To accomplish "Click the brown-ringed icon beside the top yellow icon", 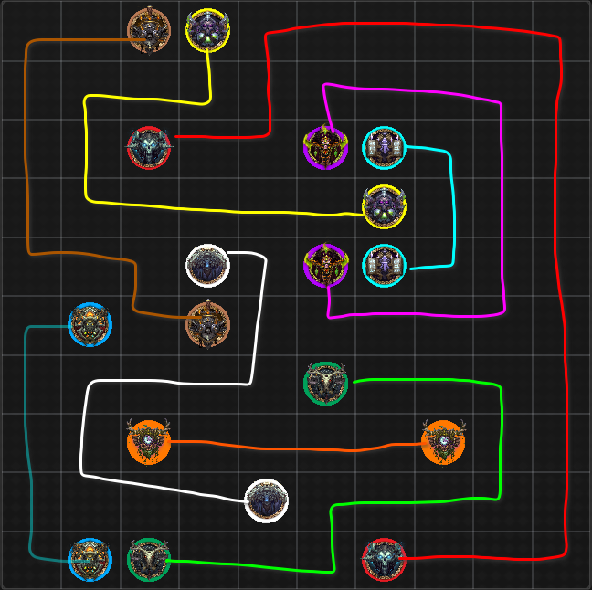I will (x=149, y=30).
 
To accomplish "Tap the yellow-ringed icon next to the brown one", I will (x=208, y=30).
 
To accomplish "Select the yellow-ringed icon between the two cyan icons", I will (x=385, y=206).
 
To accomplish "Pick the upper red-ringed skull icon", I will (x=149, y=147).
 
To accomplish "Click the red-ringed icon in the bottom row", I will (x=385, y=559).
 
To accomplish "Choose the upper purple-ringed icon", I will (x=325, y=147).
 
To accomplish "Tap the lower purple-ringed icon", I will (x=325, y=265).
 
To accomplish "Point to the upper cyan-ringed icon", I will (x=385, y=147).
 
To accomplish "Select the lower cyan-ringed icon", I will (x=385, y=265).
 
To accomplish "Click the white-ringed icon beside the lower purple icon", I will (x=208, y=265).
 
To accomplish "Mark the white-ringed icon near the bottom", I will (x=267, y=500).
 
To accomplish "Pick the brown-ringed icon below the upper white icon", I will (x=208, y=324).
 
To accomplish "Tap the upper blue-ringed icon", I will (x=90, y=324).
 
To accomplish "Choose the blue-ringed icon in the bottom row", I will (x=90, y=559).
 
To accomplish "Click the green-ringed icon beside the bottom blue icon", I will (x=149, y=559).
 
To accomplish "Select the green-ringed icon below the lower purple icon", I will (x=325, y=383).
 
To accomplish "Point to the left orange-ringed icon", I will (x=149, y=442).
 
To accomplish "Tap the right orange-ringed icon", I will (x=443, y=442).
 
